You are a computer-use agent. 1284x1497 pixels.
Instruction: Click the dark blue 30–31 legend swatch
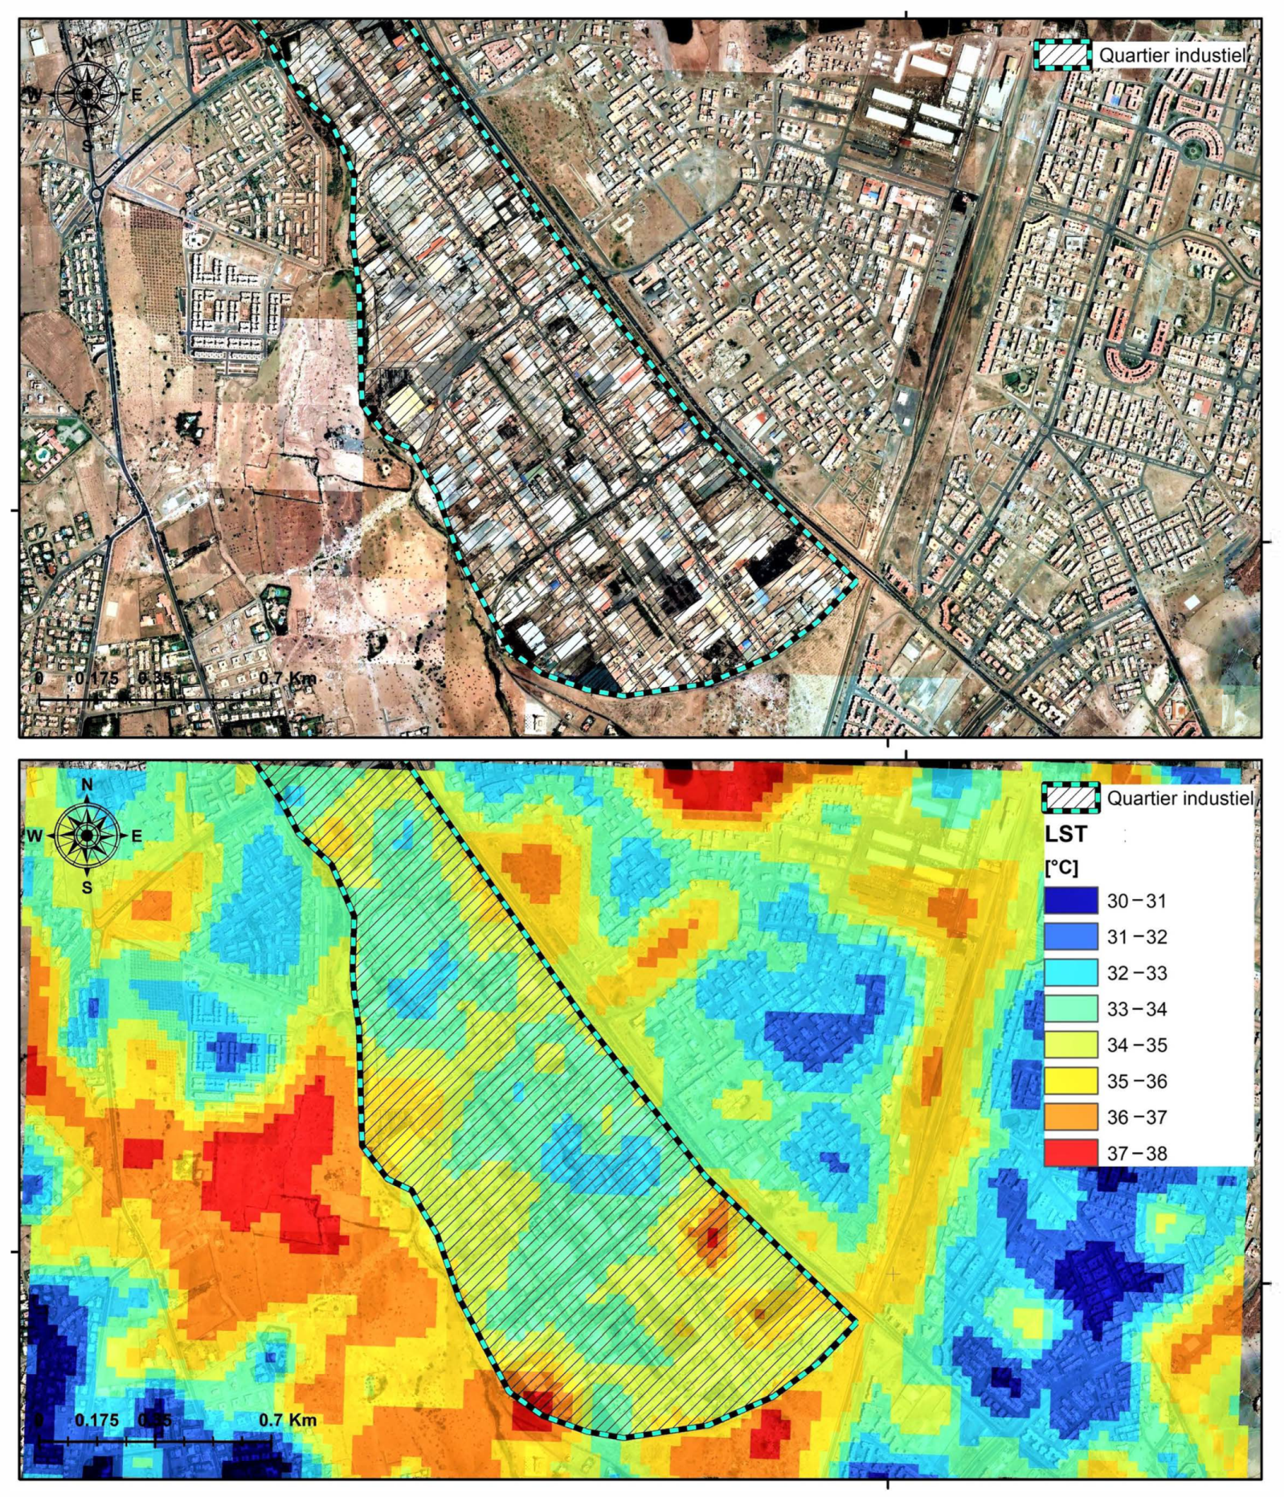click(1070, 900)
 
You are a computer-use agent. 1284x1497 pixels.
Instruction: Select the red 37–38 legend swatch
click(1070, 1152)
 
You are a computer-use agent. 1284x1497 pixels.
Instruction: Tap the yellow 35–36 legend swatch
click(1070, 1081)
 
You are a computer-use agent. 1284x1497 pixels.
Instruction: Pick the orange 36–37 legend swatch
click(1070, 1117)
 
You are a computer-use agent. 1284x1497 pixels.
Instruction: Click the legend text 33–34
click(1136, 1008)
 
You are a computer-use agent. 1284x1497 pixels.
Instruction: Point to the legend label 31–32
click(1136, 936)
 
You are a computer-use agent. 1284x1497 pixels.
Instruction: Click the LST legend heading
click(1065, 834)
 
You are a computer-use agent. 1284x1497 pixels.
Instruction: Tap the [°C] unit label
click(1061, 868)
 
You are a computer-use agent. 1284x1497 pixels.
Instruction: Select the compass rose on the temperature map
click(86, 836)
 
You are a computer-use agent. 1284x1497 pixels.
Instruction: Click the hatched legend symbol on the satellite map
click(1061, 55)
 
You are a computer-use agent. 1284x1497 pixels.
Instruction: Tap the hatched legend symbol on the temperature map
click(1069, 798)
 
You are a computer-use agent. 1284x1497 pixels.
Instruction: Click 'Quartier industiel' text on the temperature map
click(1179, 798)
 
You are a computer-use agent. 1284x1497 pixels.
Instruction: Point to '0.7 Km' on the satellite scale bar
click(288, 678)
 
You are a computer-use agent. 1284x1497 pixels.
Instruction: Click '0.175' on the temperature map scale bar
click(96, 1420)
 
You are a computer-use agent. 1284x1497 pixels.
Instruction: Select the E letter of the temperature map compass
click(136, 836)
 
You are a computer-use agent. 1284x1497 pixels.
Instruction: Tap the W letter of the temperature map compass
click(35, 836)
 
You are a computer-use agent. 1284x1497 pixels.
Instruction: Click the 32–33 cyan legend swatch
click(1070, 972)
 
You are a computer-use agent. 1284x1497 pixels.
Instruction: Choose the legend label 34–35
click(1136, 1045)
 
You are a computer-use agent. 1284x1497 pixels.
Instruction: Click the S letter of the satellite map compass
click(87, 145)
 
